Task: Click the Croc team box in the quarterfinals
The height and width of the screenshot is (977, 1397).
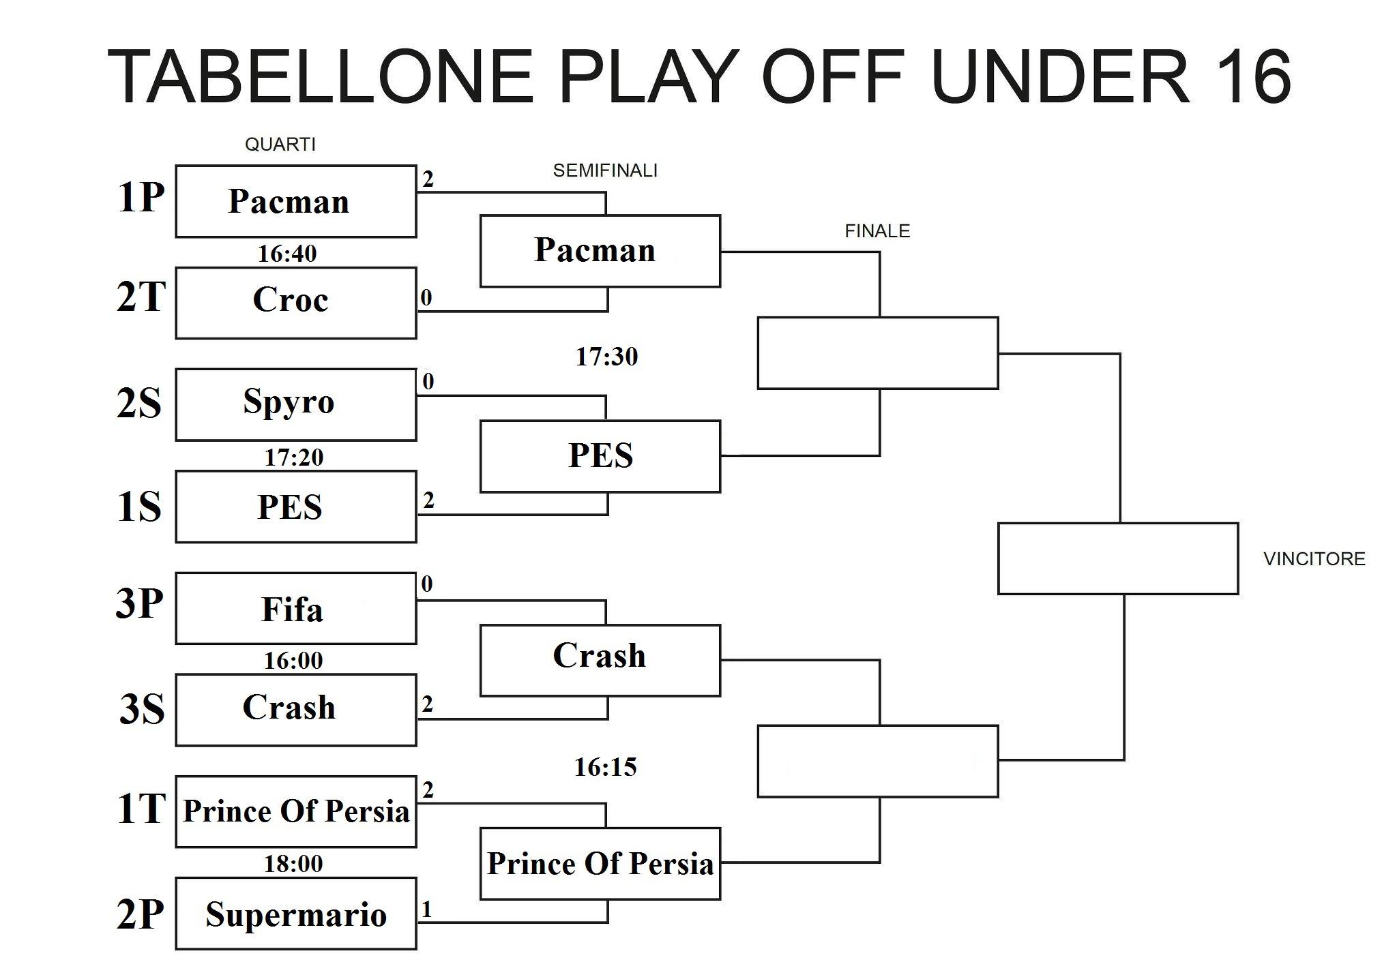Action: coord(296,303)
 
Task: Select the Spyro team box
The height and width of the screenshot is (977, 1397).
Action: coord(296,404)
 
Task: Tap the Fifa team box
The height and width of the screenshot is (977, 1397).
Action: coord(296,608)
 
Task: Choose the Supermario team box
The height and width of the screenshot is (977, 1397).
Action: coord(296,914)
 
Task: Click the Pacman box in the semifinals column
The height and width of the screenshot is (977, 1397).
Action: coord(600,251)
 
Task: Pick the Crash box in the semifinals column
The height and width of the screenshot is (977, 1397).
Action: coord(600,660)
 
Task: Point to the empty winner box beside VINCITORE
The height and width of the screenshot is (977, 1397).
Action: coord(1118,558)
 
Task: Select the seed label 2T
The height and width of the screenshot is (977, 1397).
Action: coord(141,297)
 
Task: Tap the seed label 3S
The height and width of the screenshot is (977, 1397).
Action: coord(142,708)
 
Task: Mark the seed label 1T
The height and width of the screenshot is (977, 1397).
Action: coord(141,809)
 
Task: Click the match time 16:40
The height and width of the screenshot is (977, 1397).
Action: coord(287,254)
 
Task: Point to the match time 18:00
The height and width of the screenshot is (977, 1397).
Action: coord(293,864)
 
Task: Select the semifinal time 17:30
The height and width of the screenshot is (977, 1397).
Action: coord(606,357)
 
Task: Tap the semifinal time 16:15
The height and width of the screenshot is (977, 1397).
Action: coord(606,768)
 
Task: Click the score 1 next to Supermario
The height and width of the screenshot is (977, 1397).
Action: coord(427,909)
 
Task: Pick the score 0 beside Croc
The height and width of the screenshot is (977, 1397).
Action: coord(426,297)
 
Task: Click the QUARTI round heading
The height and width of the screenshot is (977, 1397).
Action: coord(280,145)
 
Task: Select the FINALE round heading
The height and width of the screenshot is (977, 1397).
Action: coord(877,231)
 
